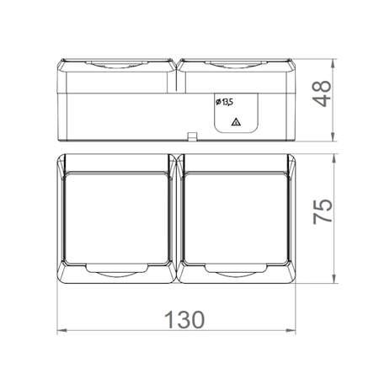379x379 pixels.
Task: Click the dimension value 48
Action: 322,93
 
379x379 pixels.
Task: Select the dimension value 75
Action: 323,211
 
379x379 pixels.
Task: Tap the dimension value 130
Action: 184,319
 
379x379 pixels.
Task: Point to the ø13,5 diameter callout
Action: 224,102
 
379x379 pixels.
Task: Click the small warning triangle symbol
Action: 236,122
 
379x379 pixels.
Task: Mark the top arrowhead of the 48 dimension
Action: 333,63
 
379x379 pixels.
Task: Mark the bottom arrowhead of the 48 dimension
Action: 333,136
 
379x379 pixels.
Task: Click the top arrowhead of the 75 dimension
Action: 334,158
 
